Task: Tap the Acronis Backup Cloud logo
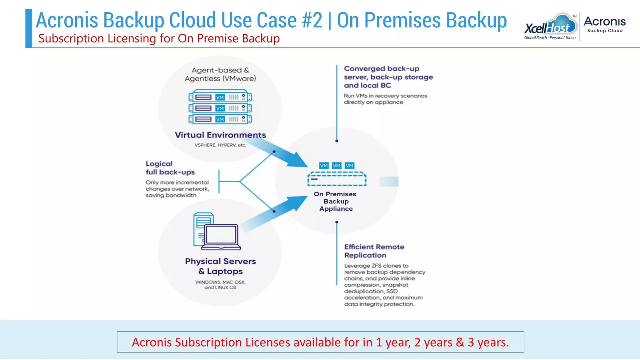tap(604, 24)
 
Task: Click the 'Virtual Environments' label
tap(220, 135)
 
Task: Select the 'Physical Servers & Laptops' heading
tap(220, 266)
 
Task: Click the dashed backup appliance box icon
tap(337, 179)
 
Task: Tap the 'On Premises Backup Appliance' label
tap(335, 201)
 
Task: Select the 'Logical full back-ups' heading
tap(170, 168)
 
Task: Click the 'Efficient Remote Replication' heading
tap(374, 251)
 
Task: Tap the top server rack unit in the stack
tap(220, 97)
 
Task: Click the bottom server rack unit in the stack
tap(220, 119)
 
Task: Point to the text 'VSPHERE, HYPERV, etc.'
tap(220, 145)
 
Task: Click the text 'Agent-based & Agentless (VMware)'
tap(220, 74)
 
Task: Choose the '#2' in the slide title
tap(312, 20)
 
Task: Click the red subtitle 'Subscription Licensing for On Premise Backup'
tap(159, 38)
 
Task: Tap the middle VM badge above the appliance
tap(337, 166)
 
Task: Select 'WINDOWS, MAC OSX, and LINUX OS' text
tap(220, 285)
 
